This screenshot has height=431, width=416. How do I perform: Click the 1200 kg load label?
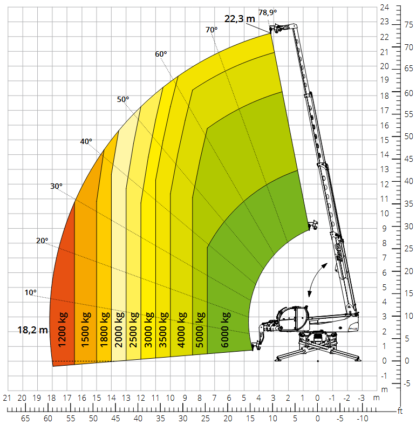click(x=63, y=329)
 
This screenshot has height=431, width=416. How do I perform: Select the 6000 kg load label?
click(x=225, y=330)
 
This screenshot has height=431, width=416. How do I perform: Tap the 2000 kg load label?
click(x=119, y=330)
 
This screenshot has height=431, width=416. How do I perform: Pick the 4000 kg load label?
click(x=181, y=330)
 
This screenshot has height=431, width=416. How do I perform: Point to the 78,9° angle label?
click(x=268, y=12)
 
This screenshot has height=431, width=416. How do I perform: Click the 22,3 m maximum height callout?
click(x=240, y=19)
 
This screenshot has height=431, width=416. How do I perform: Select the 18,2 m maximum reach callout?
click(x=32, y=330)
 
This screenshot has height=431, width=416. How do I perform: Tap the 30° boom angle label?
click(x=56, y=186)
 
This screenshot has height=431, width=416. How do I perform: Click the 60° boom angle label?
click(x=161, y=54)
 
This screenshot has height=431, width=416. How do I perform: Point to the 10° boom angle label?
click(x=30, y=292)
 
